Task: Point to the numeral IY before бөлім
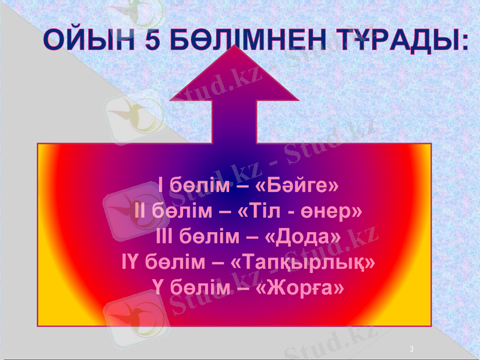coord(133,262)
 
